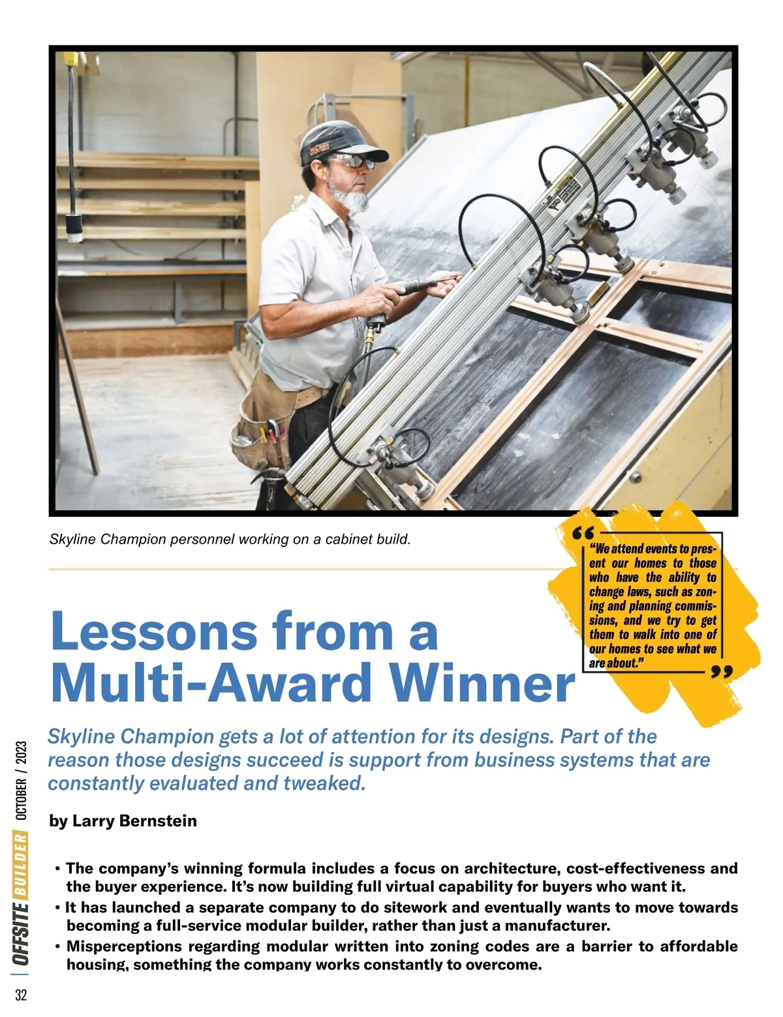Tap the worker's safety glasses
(353, 161)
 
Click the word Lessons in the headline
(153, 631)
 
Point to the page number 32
(21, 995)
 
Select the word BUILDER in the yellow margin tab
(22, 864)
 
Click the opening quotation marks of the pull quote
(583, 533)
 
